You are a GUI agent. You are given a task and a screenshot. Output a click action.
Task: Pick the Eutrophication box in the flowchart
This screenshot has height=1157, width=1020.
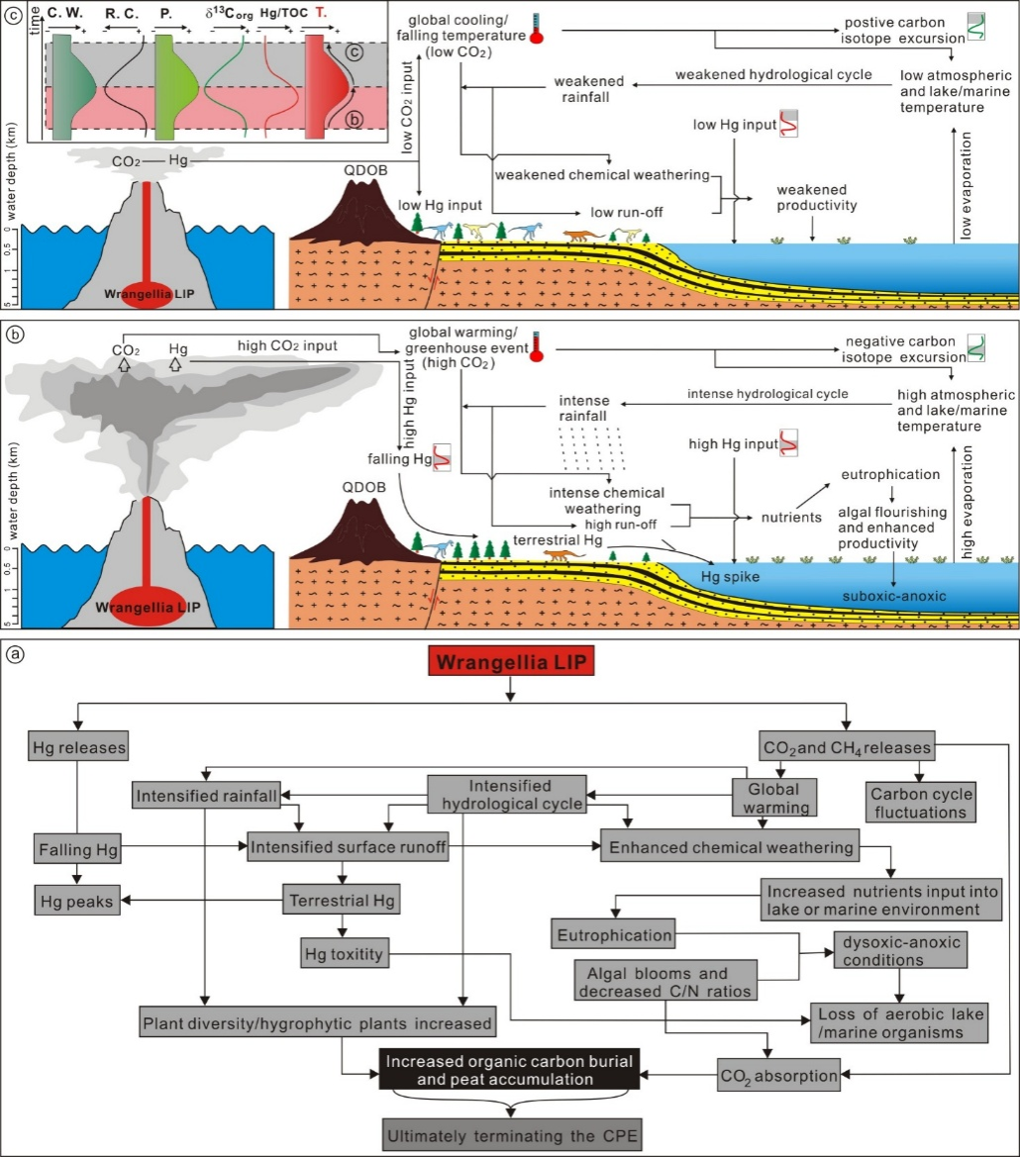[x=614, y=933]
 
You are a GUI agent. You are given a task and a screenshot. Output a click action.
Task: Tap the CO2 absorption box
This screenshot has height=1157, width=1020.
[x=778, y=1072]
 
